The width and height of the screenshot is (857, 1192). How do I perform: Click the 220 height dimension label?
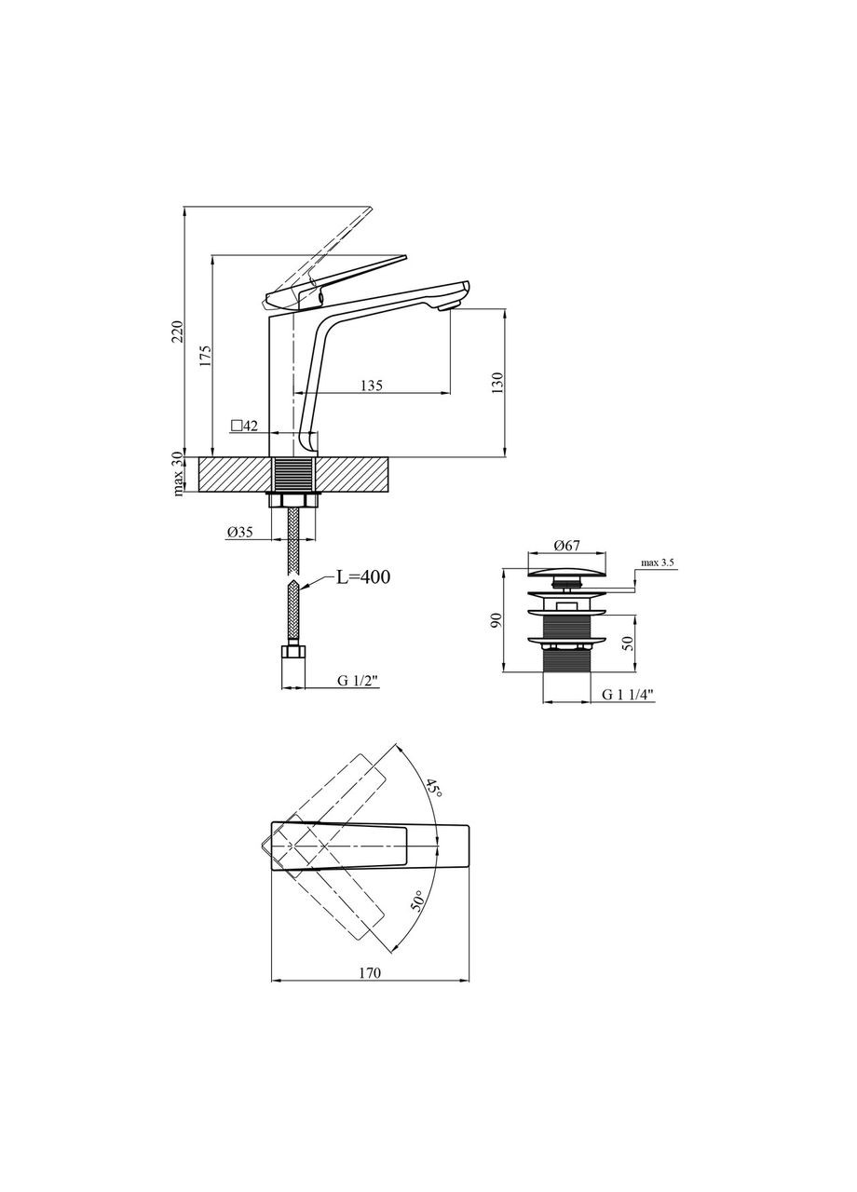point(178,332)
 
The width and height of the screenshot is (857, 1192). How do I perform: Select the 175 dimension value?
point(207,356)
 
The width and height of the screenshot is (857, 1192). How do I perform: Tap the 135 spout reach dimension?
point(371,386)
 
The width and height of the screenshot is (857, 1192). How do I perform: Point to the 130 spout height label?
point(497,383)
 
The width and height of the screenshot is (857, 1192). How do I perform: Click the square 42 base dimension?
point(245,426)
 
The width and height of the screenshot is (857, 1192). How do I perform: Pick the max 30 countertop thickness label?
point(179,474)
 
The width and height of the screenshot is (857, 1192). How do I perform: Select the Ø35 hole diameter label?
point(239,532)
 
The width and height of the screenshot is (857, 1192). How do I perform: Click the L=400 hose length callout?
point(363,576)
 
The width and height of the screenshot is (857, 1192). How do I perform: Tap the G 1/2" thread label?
point(357,680)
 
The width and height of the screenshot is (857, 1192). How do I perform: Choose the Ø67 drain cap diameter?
point(566,545)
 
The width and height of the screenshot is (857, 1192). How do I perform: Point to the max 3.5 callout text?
point(659,562)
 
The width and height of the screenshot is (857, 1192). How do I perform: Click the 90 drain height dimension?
point(497,619)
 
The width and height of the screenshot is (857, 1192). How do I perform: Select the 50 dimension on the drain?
point(629,643)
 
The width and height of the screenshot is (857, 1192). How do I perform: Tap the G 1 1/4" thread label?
point(628,695)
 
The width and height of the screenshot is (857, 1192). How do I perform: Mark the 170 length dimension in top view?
point(370,973)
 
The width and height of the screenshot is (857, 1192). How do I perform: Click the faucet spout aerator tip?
point(449,305)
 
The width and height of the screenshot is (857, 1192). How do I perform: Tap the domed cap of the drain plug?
point(567,572)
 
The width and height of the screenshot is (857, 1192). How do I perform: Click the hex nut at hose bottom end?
point(293,651)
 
